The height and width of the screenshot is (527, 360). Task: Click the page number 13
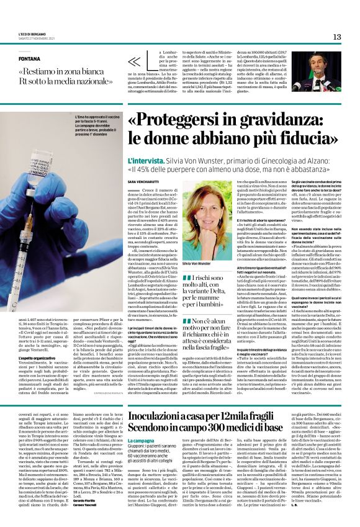coord(337,37)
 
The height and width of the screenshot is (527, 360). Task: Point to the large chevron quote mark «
coord(134,61)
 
